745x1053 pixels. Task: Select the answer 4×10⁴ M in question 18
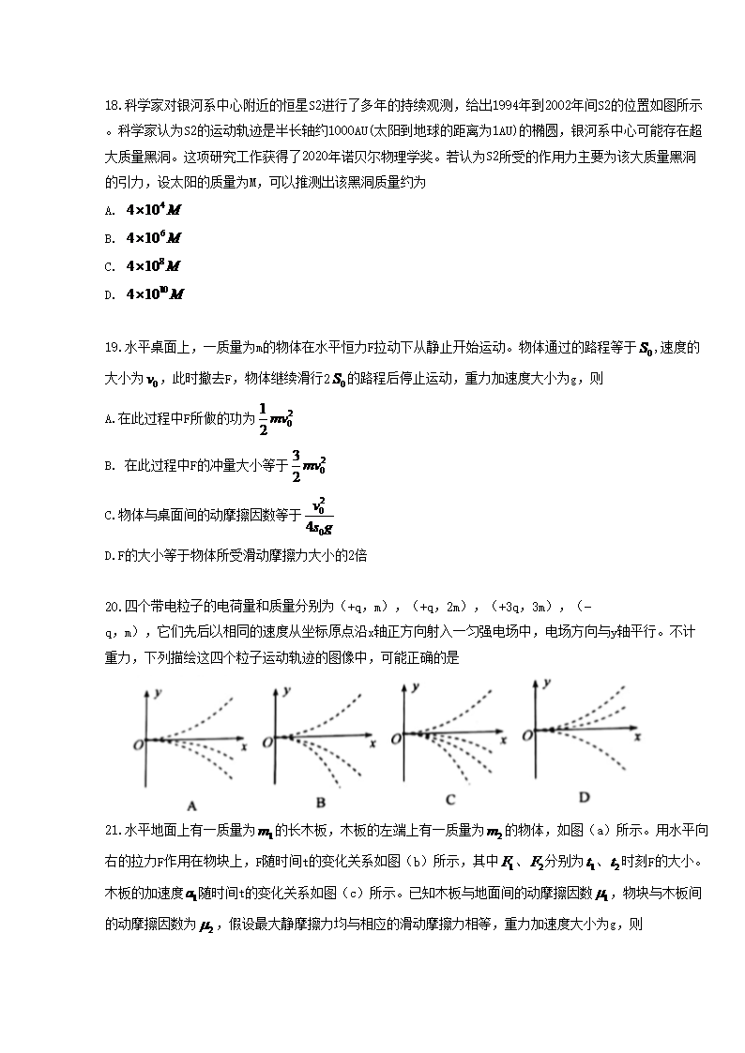coord(154,209)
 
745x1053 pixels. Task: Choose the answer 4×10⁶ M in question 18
coord(154,237)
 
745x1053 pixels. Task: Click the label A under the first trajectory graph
coord(191,805)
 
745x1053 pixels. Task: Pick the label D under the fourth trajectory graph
coord(584,798)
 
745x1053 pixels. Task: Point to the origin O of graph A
coord(138,743)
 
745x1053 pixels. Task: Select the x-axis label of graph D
coord(637,736)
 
